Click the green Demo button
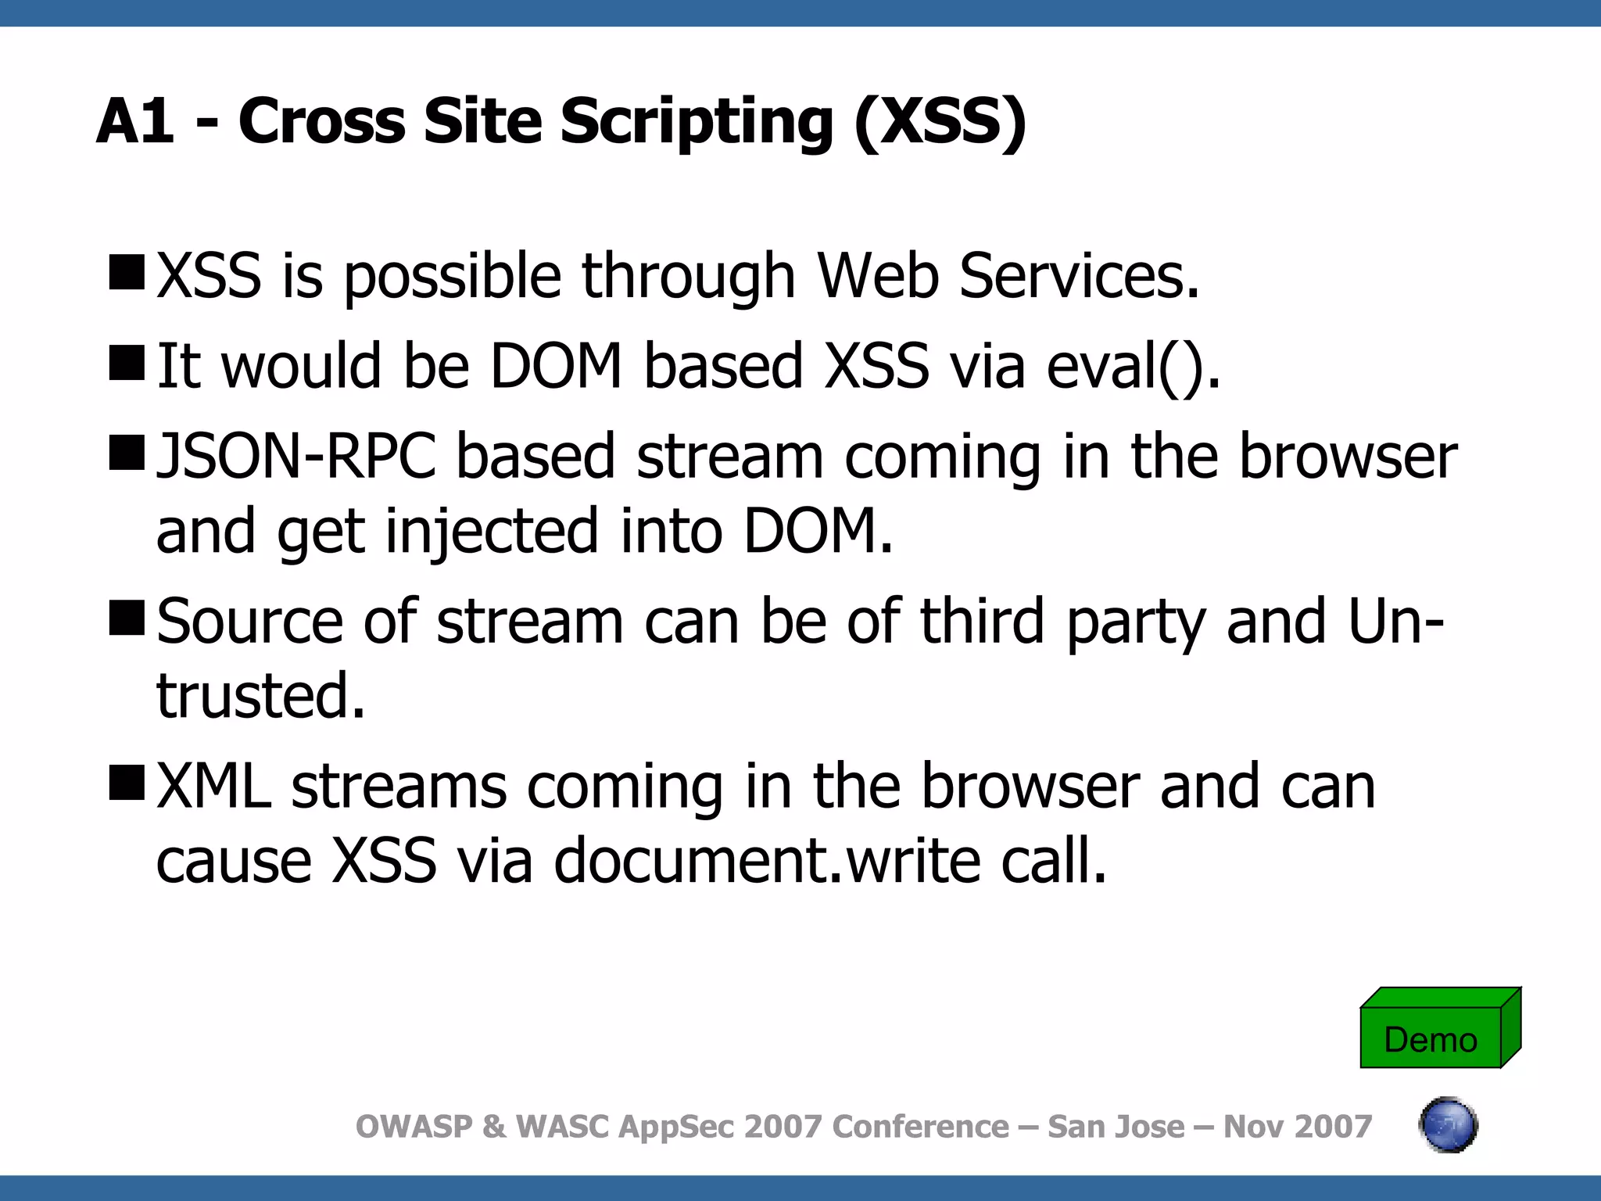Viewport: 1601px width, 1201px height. (1431, 1038)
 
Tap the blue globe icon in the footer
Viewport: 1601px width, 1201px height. (1448, 1125)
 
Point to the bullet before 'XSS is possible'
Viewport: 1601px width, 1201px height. (127, 273)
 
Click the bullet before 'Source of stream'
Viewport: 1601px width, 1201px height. (127, 618)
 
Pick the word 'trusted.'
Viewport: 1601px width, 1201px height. (261, 695)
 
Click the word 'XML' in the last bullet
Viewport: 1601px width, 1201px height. (214, 786)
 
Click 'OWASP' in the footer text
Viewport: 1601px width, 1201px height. (414, 1127)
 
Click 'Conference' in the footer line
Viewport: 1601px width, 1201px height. (920, 1127)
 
